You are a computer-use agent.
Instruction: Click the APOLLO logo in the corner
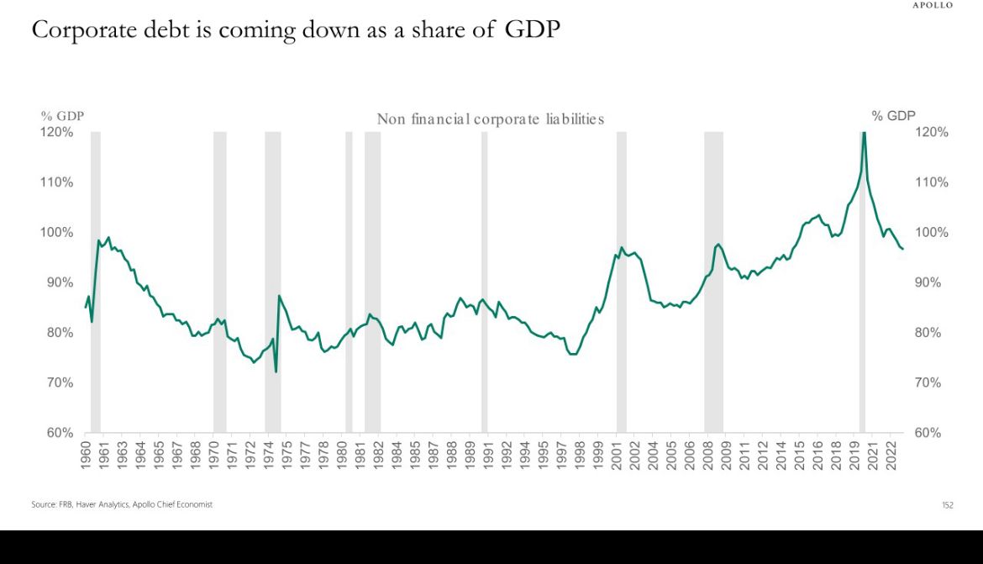933,5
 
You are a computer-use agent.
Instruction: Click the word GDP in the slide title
533,29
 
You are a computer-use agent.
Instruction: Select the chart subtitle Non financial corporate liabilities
490,119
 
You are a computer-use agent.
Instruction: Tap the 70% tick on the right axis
931,382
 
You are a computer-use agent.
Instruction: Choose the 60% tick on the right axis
931,433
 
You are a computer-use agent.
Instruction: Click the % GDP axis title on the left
62,116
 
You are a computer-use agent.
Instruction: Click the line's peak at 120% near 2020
863,134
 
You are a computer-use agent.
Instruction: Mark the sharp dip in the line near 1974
276,371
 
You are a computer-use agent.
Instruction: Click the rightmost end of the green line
902,249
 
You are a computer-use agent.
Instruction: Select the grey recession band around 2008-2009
713,282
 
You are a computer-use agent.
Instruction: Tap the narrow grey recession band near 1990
484,282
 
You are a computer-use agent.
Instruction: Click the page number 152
947,505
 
